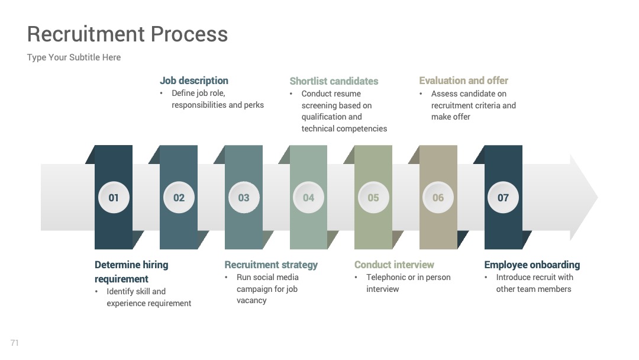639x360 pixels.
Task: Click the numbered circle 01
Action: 114,197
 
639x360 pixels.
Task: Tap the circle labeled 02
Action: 179,197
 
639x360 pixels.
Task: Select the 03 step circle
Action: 244,197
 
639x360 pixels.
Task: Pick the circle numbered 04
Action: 308,197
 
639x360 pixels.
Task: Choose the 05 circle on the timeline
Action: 373,197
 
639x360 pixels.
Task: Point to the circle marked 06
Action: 438,197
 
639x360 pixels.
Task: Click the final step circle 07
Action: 504,197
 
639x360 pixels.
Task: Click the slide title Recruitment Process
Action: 128,34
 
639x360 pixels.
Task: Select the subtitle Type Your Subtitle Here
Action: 74,57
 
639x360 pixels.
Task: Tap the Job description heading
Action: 194,81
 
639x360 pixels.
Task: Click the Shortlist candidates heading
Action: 334,81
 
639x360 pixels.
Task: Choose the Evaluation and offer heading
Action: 463,81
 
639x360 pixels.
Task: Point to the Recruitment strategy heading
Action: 271,265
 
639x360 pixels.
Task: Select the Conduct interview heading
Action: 394,265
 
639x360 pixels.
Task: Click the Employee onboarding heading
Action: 532,265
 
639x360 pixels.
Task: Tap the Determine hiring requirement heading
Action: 131,272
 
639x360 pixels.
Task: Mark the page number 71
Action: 15,343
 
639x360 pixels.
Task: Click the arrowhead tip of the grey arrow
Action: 598,197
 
